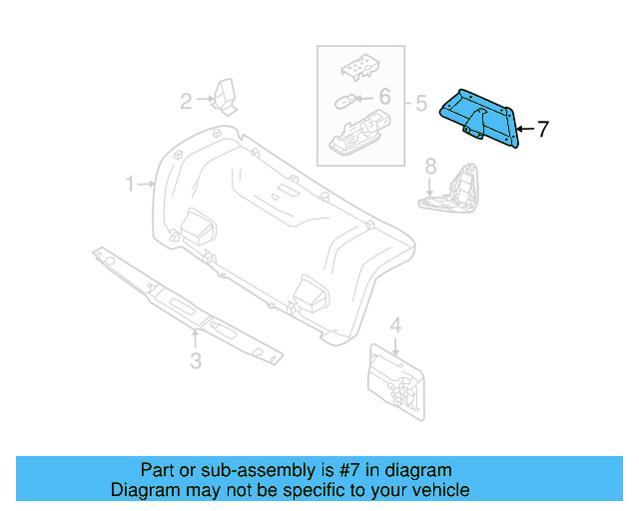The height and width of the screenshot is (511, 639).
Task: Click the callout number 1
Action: [x=130, y=184]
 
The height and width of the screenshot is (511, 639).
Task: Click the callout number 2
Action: [x=186, y=100]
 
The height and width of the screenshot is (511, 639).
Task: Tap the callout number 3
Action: [x=196, y=361]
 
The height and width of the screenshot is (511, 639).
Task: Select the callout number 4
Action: [x=395, y=325]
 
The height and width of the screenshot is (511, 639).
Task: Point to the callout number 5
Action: [x=420, y=102]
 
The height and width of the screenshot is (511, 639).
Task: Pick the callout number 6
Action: [x=384, y=98]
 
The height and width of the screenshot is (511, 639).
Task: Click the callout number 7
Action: [x=543, y=129]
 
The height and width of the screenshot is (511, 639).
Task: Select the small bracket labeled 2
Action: [x=226, y=98]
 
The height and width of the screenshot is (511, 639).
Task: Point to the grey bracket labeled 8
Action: [x=454, y=189]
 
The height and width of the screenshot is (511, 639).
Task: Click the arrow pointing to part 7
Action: [x=526, y=129]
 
